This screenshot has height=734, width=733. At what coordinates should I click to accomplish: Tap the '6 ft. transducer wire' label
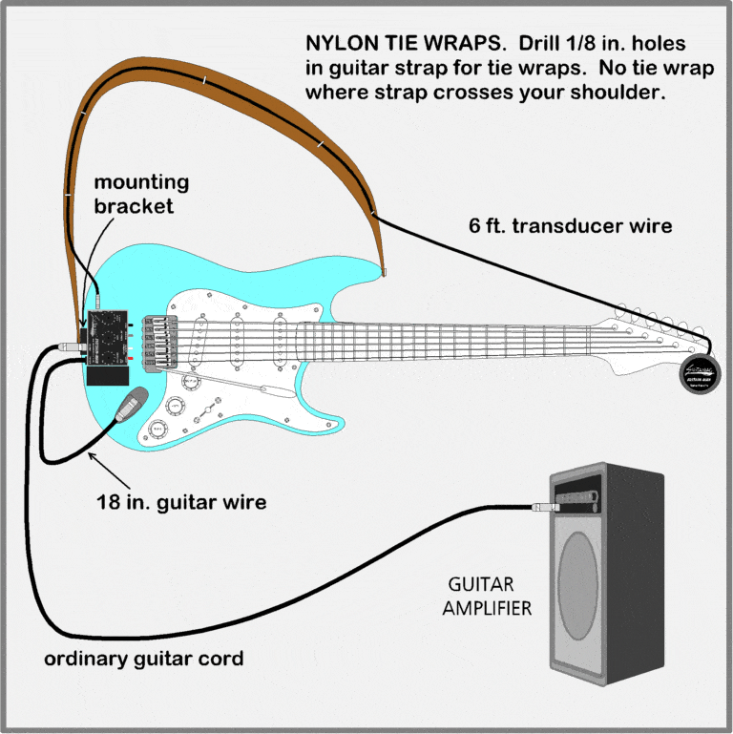571,226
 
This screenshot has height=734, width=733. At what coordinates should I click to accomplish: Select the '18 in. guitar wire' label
180,500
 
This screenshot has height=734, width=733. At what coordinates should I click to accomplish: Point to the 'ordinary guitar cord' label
144,659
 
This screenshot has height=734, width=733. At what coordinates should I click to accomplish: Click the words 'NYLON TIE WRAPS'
395,44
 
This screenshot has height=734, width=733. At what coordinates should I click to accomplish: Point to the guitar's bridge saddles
156,339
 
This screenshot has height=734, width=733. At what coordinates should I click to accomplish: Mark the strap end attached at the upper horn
383,271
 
